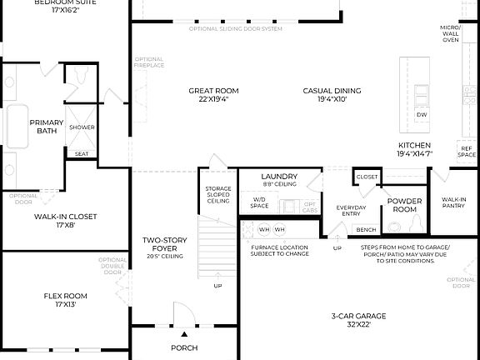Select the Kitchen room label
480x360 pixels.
pyautogui.click(x=414, y=148)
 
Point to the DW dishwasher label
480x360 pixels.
pyautogui.click(x=422, y=114)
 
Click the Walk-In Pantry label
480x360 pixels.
pyautogui.click(x=453, y=202)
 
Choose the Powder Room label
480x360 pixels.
pyautogui.click(x=404, y=204)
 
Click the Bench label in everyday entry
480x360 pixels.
pyautogui.click(x=366, y=229)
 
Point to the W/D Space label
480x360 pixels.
pyautogui.click(x=260, y=202)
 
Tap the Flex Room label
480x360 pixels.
pyautogui.click(x=65, y=299)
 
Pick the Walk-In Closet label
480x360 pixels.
pyautogui.click(x=65, y=220)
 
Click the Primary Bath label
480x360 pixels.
pyautogui.click(x=47, y=127)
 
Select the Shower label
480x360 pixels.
pyautogui.click(x=82, y=127)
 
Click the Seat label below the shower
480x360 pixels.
pyautogui.click(x=82, y=153)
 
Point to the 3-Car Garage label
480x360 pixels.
pyautogui.click(x=358, y=320)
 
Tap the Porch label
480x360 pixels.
pyautogui.click(x=183, y=348)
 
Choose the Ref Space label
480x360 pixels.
pyautogui.click(x=467, y=152)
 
